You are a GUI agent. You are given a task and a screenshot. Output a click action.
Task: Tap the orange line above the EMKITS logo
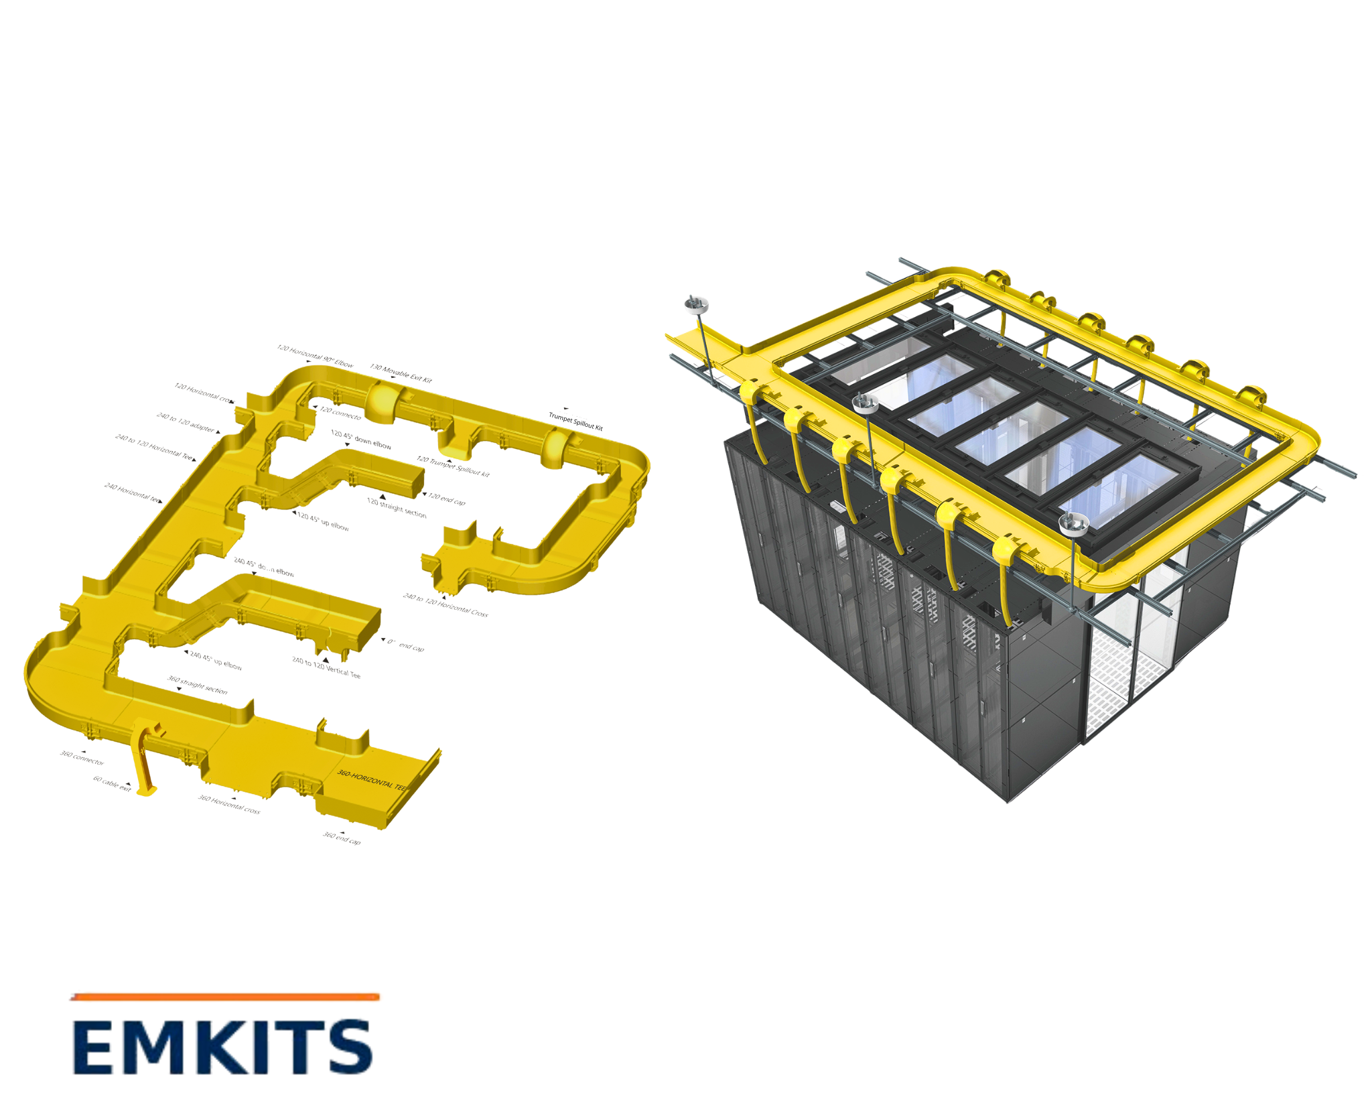click(x=225, y=997)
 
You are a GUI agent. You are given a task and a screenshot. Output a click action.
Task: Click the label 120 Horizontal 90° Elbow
click(x=315, y=356)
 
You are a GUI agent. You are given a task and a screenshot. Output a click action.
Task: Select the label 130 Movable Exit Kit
click(x=401, y=373)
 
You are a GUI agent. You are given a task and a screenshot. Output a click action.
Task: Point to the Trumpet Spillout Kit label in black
click(x=575, y=421)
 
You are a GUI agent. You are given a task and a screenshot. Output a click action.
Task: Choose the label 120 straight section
click(x=397, y=508)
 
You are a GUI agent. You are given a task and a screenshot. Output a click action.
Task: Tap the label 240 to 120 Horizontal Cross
click(x=445, y=604)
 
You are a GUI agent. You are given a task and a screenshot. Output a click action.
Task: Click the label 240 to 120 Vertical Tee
click(x=326, y=667)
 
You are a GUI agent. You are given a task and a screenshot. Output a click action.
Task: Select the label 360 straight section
click(x=197, y=685)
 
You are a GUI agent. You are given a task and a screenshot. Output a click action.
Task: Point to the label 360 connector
click(x=82, y=759)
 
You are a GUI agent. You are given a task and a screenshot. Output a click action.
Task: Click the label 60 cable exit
click(x=111, y=783)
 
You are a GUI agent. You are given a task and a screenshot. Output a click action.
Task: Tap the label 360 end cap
click(x=342, y=838)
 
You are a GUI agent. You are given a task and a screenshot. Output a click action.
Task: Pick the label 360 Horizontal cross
click(x=229, y=804)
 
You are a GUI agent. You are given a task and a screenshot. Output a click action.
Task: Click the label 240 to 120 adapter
click(x=186, y=422)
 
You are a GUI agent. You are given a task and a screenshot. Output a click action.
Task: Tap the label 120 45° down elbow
click(x=360, y=439)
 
